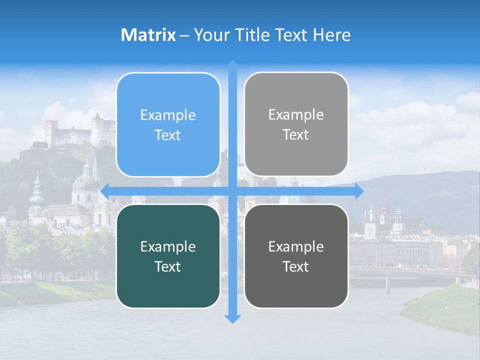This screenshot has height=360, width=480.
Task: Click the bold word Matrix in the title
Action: [x=148, y=35]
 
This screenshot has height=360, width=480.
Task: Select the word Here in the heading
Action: [x=332, y=35]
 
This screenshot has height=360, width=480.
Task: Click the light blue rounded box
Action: [x=168, y=125]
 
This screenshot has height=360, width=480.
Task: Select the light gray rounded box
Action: [x=296, y=125]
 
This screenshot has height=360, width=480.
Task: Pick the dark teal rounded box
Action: [x=168, y=256]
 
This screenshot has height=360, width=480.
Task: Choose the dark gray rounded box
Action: [x=296, y=256]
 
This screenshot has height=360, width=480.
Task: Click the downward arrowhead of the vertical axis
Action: [x=232, y=318]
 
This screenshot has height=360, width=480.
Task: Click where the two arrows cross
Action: [x=232, y=191]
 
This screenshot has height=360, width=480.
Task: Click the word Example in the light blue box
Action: [x=168, y=115]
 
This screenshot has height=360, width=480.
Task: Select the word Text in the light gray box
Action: [x=296, y=135]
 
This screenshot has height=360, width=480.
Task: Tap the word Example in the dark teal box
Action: [x=168, y=246]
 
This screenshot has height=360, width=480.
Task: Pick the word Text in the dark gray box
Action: [x=296, y=266]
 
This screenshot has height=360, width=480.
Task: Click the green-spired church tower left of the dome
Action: [x=36, y=192]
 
